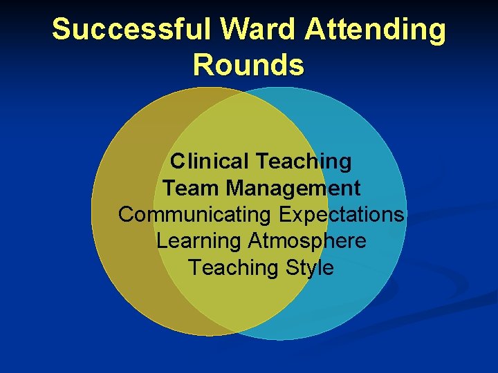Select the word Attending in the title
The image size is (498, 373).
coord(376,30)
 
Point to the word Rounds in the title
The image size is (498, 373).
coord(248,65)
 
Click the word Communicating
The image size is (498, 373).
coord(195,215)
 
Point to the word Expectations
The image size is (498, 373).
coord(342,215)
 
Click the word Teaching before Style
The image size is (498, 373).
coord(232,267)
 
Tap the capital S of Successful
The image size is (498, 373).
coord(61,30)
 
